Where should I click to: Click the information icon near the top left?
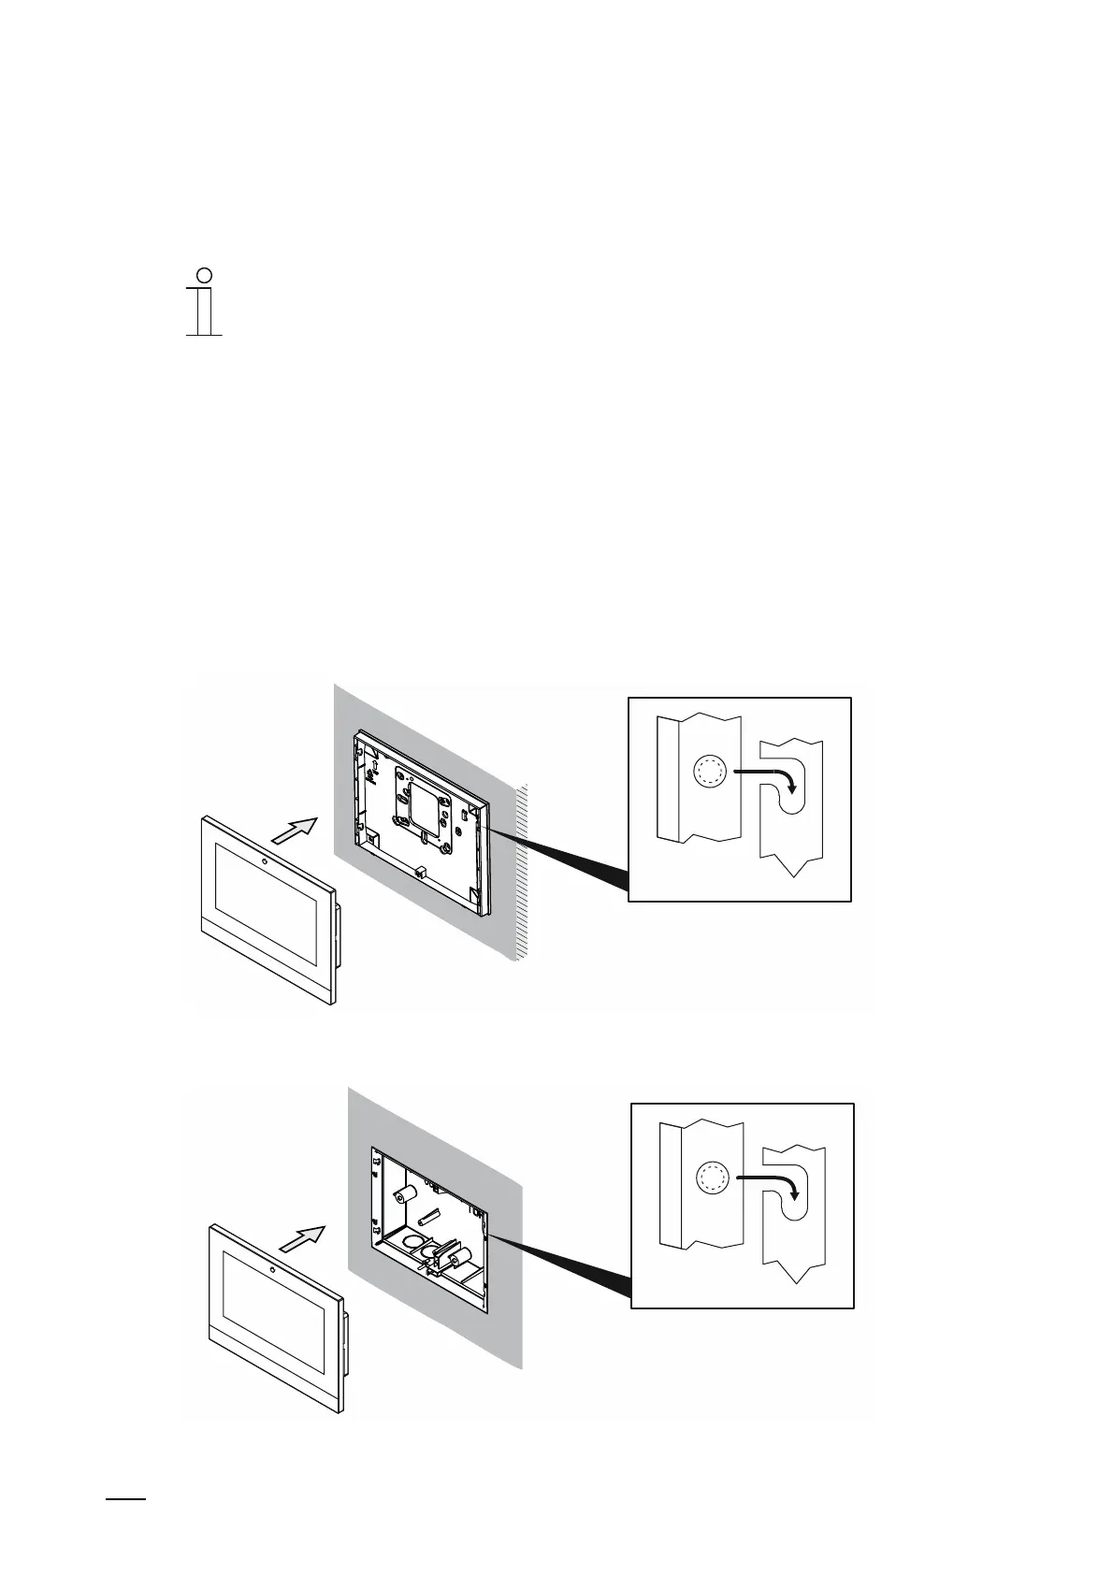pyautogui.click(x=205, y=302)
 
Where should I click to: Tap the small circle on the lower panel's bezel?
pyautogui.click(x=270, y=1270)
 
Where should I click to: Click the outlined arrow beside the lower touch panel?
pyautogui.click(x=301, y=1238)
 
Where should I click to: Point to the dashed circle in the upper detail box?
pyautogui.click(x=709, y=772)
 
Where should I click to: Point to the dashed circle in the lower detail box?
pyautogui.click(x=713, y=1178)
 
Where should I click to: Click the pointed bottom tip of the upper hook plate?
pyautogui.click(x=793, y=875)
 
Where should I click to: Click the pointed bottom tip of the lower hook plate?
pyautogui.click(x=796, y=1282)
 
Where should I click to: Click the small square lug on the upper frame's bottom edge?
pyautogui.click(x=420, y=871)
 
